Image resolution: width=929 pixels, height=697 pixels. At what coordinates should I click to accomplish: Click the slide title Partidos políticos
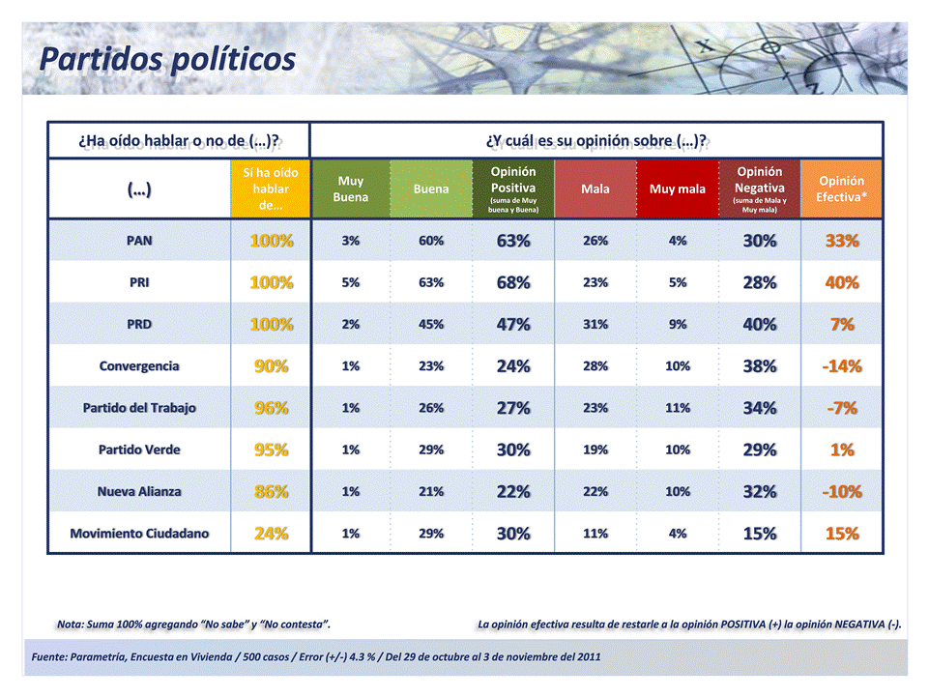[x=167, y=59]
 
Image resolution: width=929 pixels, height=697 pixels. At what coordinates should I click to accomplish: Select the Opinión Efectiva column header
[x=841, y=189]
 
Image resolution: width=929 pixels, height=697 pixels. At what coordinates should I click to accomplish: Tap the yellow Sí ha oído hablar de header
[x=271, y=189]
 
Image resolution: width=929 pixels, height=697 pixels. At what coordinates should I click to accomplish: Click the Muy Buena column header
[x=350, y=189]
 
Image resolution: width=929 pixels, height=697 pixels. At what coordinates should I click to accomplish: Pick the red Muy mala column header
[x=677, y=189]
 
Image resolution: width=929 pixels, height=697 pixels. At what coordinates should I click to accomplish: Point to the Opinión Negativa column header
[x=759, y=189]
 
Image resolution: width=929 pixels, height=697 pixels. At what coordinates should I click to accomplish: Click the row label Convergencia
[x=139, y=366]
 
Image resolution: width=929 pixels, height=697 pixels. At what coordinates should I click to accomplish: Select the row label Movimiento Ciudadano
[x=139, y=534]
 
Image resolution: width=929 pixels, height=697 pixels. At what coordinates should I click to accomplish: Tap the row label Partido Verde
[x=139, y=450]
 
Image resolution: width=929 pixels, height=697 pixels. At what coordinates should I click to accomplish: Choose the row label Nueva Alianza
[x=139, y=491]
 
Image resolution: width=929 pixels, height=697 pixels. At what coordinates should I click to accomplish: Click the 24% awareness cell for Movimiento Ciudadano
[x=271, y=534]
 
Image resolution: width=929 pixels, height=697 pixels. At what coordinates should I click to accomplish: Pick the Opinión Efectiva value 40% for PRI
[x=841, y=283]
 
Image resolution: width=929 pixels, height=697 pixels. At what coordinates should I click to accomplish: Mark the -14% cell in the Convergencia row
[x=841, y=366]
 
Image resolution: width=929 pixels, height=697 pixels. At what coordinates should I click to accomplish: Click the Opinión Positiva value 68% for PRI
[x=512, y=283]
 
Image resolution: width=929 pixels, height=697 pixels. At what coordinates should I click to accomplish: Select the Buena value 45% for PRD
[x=430, y=325]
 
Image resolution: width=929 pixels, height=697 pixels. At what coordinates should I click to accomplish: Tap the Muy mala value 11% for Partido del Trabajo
[x=677, y=408]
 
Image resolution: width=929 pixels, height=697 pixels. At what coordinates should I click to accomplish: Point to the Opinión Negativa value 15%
[x=759, y=534]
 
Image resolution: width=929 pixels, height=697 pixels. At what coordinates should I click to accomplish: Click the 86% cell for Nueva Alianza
[x=271, y=491]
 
